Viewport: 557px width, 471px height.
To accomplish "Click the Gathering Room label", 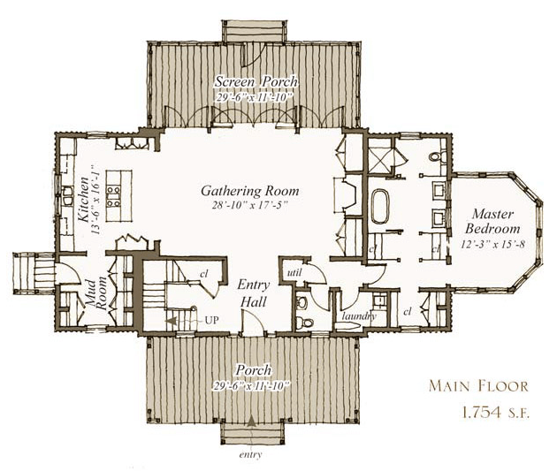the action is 249,191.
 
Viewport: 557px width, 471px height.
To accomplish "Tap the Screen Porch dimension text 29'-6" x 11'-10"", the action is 254,97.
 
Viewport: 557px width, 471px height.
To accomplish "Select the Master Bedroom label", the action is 492,221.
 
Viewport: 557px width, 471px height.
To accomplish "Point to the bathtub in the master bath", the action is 380,206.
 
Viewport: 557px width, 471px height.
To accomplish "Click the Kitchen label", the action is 84,199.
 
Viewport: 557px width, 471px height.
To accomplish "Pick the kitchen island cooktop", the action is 114,196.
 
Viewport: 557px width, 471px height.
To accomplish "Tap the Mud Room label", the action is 95,295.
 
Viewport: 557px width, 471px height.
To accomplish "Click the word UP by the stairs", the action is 211,320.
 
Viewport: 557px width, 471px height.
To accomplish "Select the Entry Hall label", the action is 253,293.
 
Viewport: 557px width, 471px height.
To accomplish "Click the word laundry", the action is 359,315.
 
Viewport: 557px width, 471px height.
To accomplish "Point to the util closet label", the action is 294,272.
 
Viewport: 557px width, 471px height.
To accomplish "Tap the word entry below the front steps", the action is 251,455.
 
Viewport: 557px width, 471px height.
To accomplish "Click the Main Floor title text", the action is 478,386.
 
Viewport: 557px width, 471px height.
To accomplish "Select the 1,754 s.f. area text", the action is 495,413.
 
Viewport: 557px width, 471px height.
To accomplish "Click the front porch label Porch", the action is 254,370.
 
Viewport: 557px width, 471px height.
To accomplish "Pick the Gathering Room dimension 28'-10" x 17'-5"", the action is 250,206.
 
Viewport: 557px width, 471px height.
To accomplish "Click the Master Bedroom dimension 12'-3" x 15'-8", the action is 493,245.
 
